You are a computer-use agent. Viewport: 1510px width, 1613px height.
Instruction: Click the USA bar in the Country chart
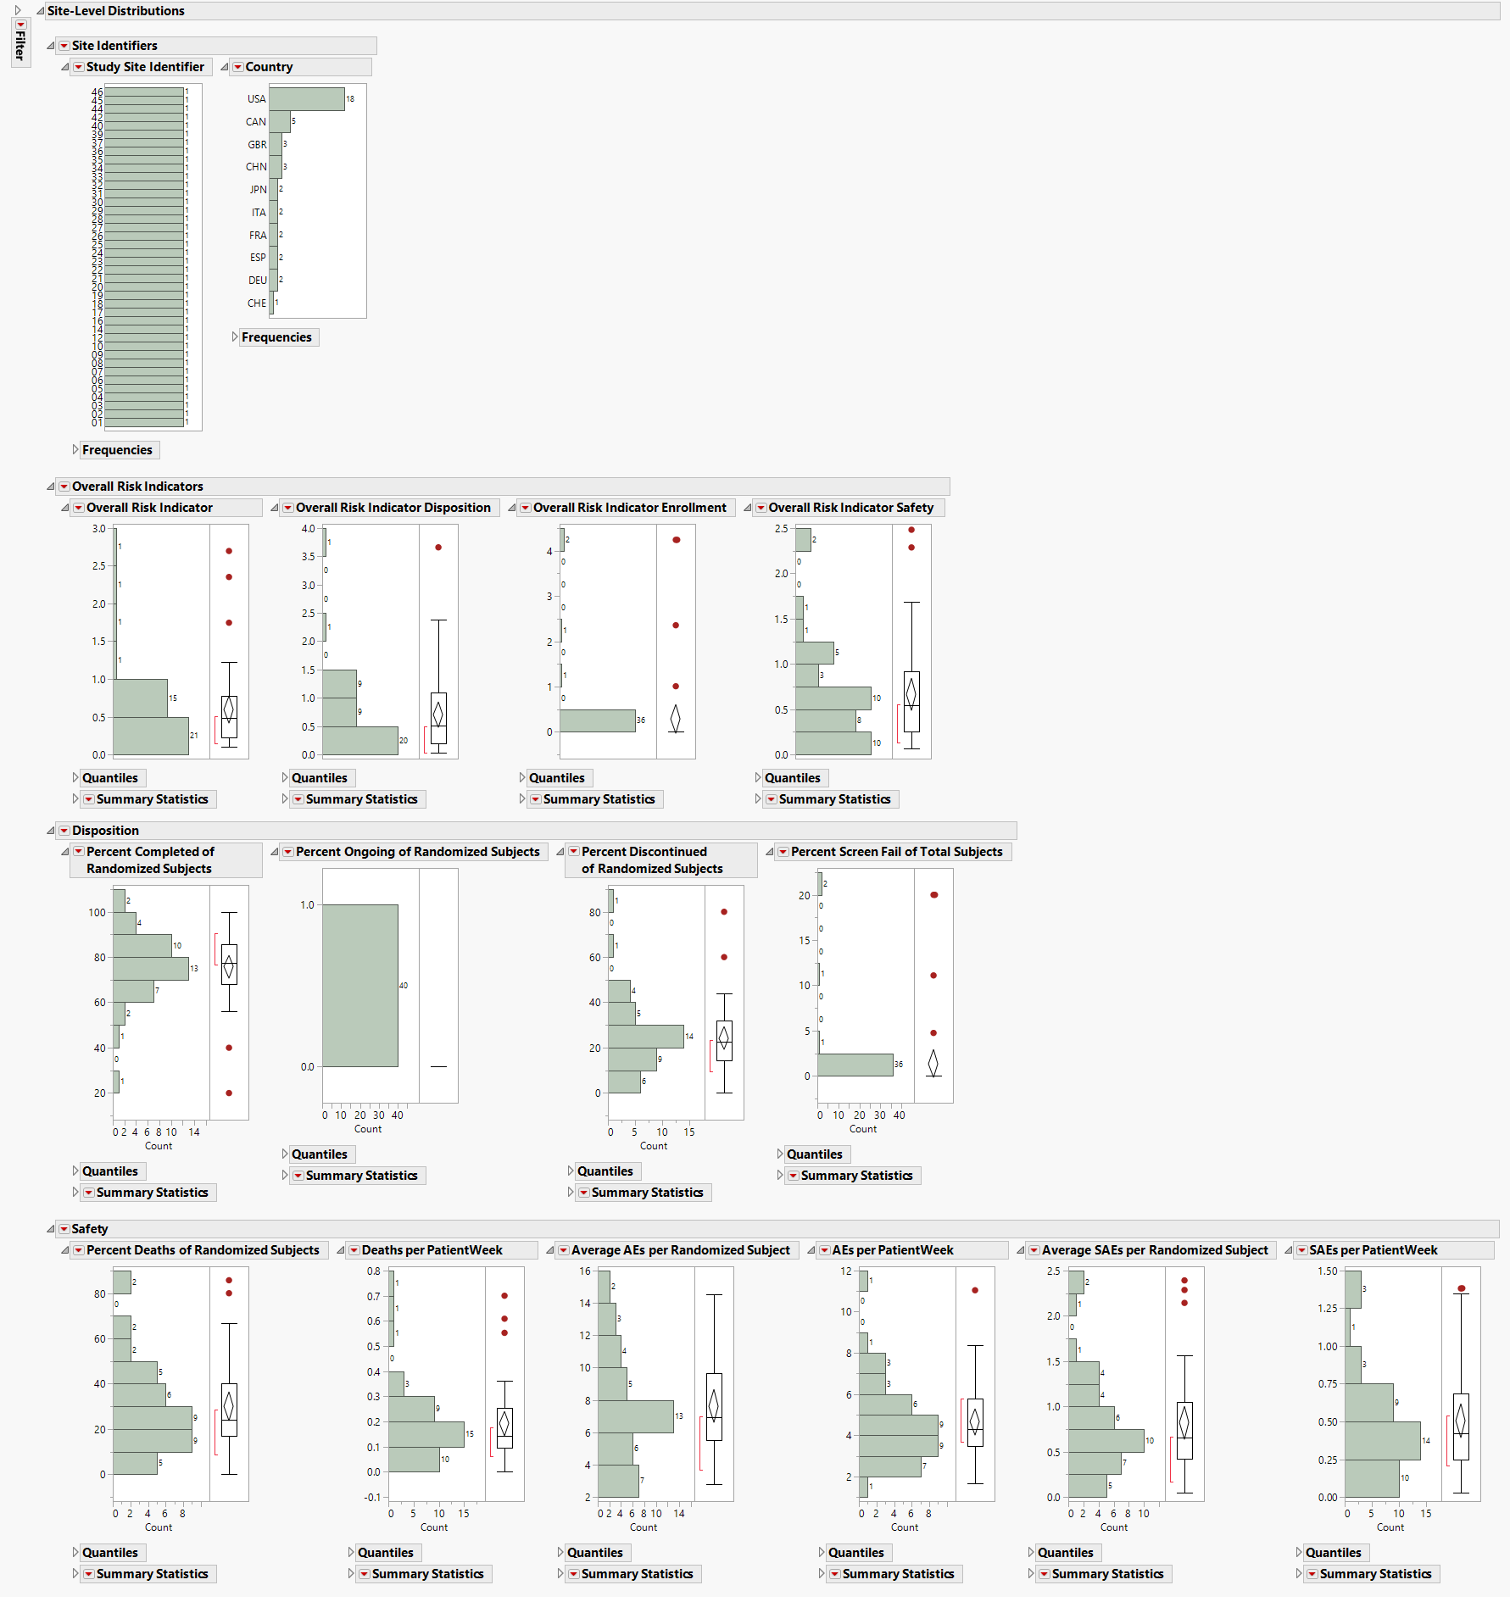(x=306, y=99)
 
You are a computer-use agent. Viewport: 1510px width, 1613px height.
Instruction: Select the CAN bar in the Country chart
(x=280, y=122)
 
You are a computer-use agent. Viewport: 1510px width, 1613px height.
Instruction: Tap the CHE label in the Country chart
(x=256, y=303)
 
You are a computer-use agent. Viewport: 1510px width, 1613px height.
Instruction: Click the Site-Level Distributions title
(x=115, y=11)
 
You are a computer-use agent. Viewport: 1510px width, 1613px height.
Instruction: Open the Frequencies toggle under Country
(x=276, y=337)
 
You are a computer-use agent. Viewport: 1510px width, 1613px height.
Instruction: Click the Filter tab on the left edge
(x=20, y=42)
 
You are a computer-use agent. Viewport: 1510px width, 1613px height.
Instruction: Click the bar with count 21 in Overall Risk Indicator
(x=150, y=736)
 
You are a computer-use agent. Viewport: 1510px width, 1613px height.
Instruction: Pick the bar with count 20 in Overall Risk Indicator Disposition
(x=359, y=740)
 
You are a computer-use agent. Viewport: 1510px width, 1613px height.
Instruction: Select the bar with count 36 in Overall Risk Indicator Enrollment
(x=597, y=720)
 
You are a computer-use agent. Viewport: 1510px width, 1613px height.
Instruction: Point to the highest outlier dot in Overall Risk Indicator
(x=229, y=551)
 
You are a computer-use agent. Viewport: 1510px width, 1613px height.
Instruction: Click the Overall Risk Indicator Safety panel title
(x=850, y=508)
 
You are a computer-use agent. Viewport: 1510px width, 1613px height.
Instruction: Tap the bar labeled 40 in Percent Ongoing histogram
(x=359, y=985)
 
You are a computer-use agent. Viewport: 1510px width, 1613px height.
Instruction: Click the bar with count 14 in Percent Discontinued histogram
(x=645, y=1036)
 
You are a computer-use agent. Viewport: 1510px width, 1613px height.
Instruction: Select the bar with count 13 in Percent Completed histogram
(x=150, y=968)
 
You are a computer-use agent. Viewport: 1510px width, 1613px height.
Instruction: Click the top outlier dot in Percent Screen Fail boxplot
(x=933, y=895)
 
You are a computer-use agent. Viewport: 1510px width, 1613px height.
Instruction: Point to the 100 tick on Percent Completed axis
(x=97, y=913)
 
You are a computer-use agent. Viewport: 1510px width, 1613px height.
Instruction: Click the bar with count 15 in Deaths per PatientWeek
(x=426, y=1434)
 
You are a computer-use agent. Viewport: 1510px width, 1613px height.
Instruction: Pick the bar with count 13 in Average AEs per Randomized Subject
(x=635, y=1416)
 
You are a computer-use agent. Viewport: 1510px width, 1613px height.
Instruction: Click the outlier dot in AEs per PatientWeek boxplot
(x=975, y=1290)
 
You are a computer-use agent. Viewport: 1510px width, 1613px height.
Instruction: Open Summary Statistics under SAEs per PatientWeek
(x=1374, y=1574)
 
